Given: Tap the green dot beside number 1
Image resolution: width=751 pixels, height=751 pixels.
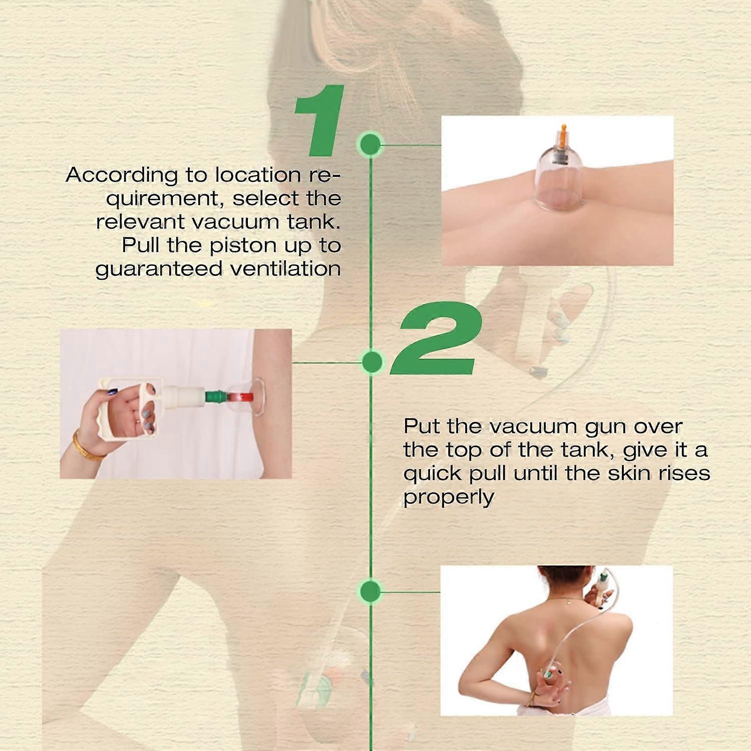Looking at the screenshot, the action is pyautogui.click(x=370, y=145).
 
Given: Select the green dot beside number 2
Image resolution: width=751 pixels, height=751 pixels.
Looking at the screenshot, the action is pyautogui.click(x=371, y=361).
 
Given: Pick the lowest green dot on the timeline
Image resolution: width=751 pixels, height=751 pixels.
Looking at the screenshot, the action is pyautogui.click(x=370, y=591).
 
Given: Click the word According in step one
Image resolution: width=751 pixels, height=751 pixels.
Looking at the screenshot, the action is pyautogui.click(x=122, y=176).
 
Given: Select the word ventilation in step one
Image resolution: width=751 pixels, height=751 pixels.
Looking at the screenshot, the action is pyautogui.click(x=285, y=269).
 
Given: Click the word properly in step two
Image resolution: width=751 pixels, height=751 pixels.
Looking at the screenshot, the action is pyautogui.click(x=449, y=498).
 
